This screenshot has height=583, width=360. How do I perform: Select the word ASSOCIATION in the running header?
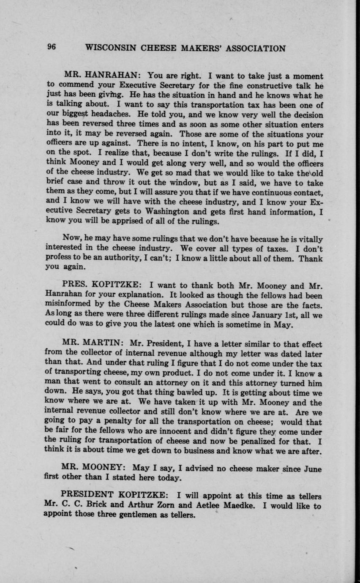[256, 48]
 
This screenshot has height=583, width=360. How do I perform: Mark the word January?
[259, 315]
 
